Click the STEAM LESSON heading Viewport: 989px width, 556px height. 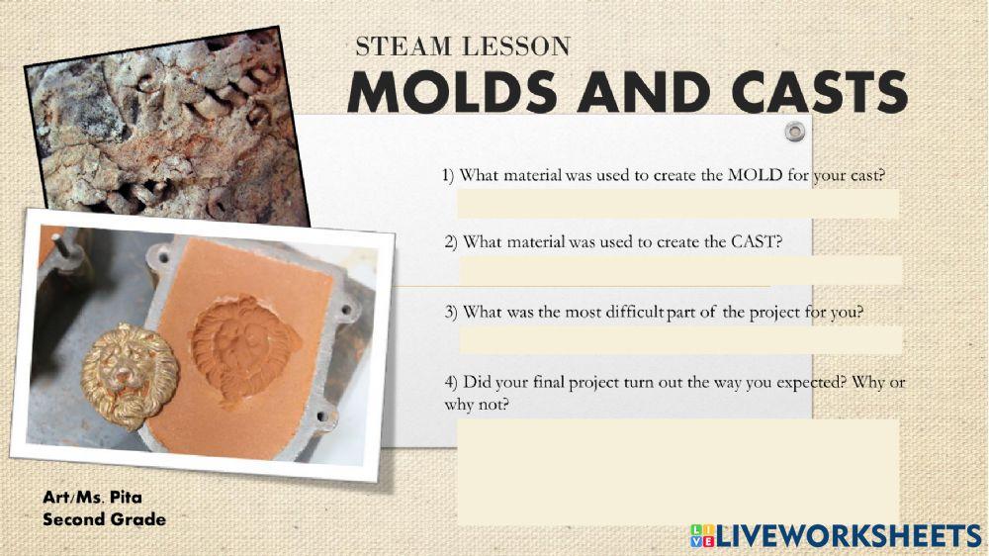pos(463,46)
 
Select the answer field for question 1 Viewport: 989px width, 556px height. pos(677,204)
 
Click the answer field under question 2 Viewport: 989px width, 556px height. pos(679,270)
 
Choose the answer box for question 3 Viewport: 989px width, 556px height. pos(679,339)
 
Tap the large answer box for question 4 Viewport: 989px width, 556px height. pos(677,471)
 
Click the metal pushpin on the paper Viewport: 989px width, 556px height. pos(793,132)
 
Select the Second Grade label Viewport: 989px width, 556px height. pos(104,519)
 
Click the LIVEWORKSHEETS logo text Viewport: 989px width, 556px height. pos(849,536)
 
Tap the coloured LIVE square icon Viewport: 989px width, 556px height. pos(702,536)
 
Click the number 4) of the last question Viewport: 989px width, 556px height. pos(451,383)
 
